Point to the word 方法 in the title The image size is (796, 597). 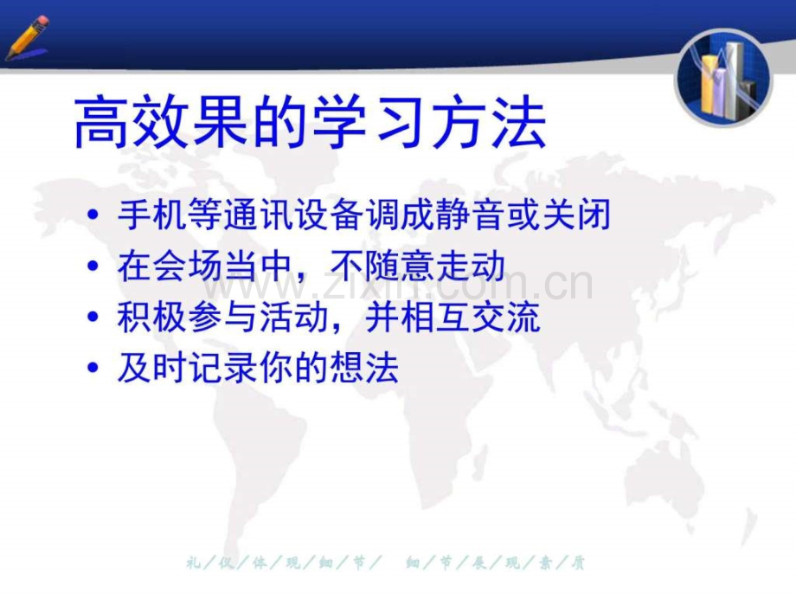tap(488, 123)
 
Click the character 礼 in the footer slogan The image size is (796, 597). tap(191, 563)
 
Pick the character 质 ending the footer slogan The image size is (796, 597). tap(579, 563)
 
